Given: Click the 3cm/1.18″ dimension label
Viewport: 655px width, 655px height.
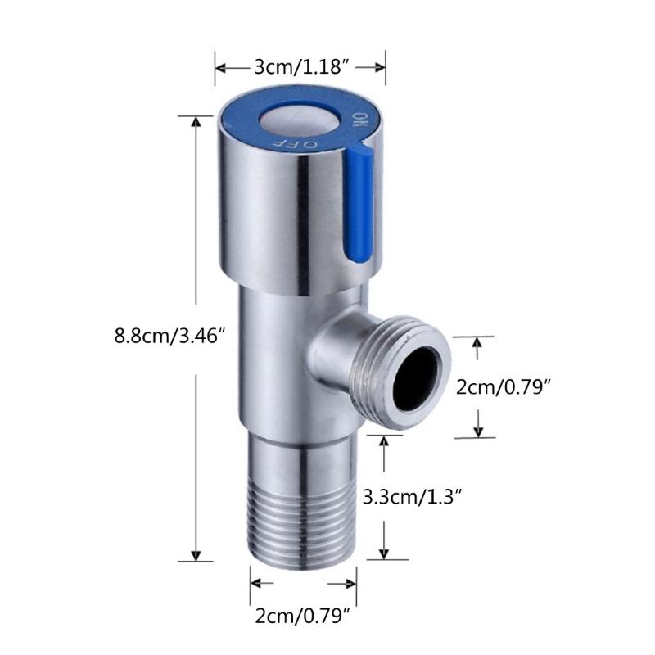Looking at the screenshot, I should (x=300, y=67).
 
